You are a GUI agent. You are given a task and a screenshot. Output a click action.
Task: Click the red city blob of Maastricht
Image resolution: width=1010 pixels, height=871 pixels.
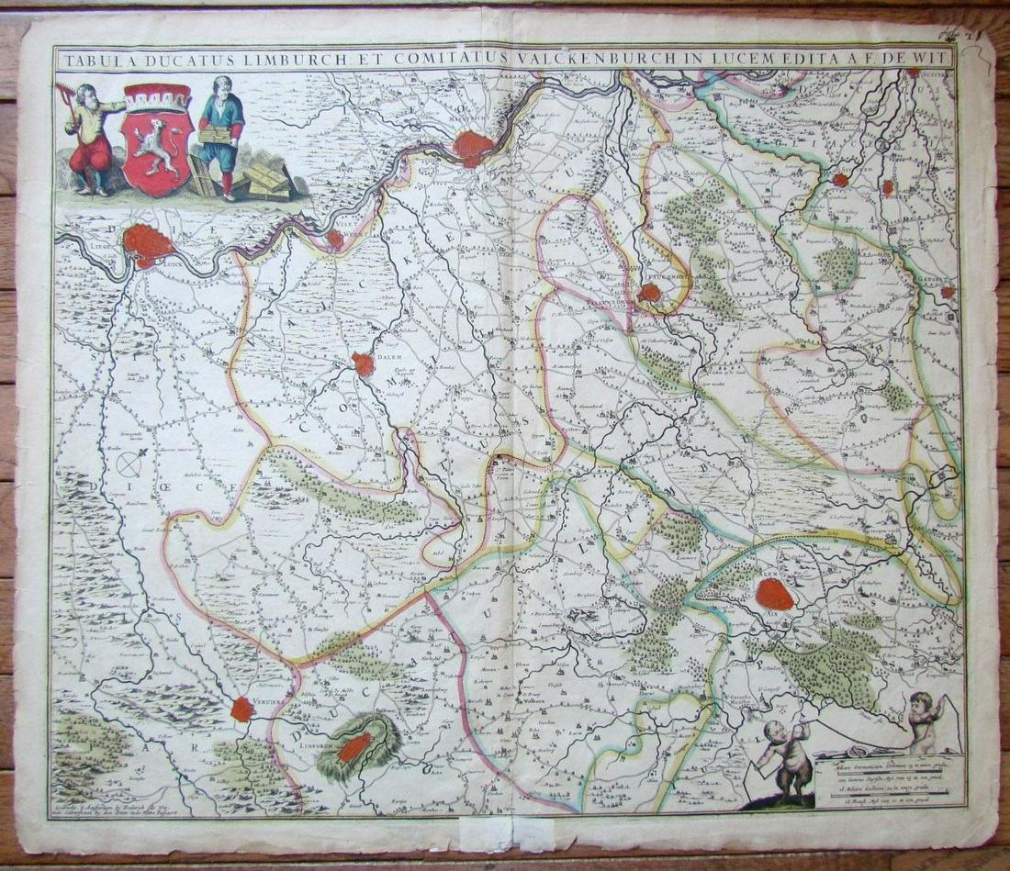[473, 148]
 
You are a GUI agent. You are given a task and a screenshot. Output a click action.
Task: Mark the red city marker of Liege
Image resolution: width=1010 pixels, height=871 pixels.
[147, 243]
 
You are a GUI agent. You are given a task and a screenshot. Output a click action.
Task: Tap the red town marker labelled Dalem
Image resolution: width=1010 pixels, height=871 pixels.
[365, 364]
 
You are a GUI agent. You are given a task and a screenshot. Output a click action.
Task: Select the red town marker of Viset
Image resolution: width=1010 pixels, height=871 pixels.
[335, 240]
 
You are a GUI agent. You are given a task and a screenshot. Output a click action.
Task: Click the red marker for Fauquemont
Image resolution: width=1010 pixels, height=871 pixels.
[649, 293]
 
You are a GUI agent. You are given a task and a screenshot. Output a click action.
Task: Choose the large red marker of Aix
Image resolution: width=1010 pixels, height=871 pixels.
[774, 594]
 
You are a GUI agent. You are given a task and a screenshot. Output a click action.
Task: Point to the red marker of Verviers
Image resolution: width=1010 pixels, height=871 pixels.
[242, 709]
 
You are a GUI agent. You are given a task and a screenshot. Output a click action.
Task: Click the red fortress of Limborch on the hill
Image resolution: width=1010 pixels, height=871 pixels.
[354, 747]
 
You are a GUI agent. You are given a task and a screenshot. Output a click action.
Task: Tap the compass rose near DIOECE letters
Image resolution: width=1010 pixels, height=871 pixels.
[128, 464]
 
